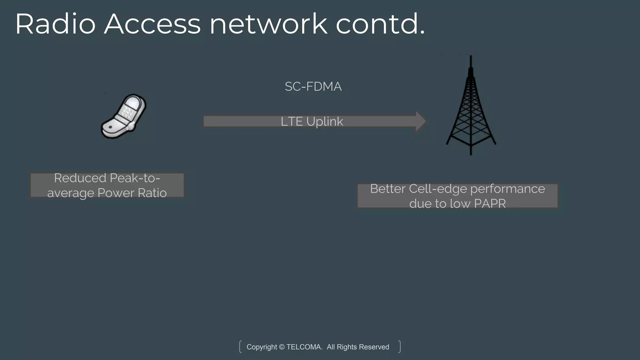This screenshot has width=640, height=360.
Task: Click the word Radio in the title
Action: [x=55, y=24]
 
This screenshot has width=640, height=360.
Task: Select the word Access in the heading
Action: [x=152, y=24]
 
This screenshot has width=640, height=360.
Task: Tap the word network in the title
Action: [x=268, y=24]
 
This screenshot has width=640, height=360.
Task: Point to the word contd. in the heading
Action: [x=380, y=24]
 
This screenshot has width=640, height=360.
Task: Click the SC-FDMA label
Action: [x=313, y=87]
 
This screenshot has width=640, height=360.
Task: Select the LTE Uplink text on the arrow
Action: [x=312, y=122]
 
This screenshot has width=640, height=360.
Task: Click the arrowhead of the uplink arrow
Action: [x=421, y=121]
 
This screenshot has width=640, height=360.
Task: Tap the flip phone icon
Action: [x=124, y=116]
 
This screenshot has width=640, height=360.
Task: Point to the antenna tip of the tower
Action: [x=471, y=57]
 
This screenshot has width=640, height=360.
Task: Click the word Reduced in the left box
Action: [x=80, y=178]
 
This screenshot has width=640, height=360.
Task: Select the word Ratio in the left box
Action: [x=152, y=193]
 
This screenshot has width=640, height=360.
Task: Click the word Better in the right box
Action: [x=388, y=189]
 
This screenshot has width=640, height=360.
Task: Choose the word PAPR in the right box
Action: [x=490, y=204]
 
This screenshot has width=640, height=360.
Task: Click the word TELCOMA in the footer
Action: [x=304, y=347]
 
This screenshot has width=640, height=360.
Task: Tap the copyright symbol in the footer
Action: [x=282, y=347]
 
